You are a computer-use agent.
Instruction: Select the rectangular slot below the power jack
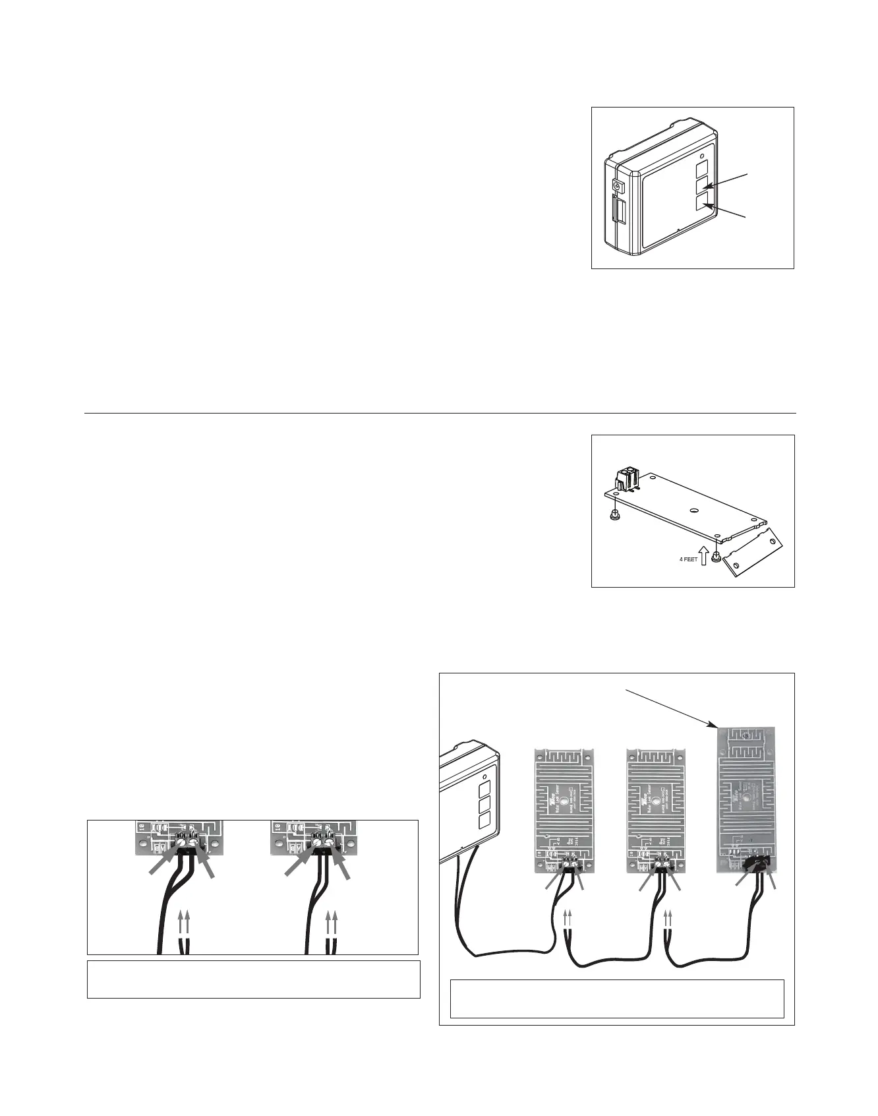tap(620, 213)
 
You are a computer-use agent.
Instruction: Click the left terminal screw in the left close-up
tap(181, 842)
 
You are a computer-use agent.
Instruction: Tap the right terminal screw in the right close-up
tap(329, 842)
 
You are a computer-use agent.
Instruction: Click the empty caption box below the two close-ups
tap(253, 979)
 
